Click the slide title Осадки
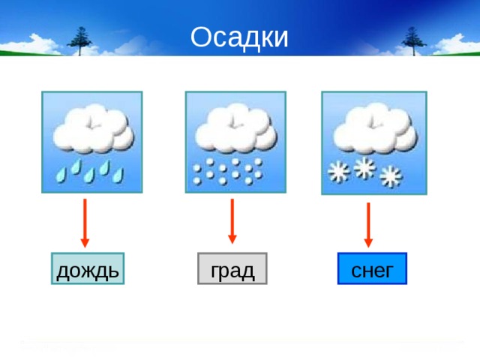pos(239,37)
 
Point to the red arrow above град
pos(232,220)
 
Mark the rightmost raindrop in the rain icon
pos(118,175)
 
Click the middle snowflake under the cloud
pos(364,168)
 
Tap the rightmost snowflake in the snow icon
pos(391,177)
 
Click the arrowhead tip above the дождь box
pos(85,246)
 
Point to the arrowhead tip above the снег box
pos(368,246)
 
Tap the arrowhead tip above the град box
pos(232,242)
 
